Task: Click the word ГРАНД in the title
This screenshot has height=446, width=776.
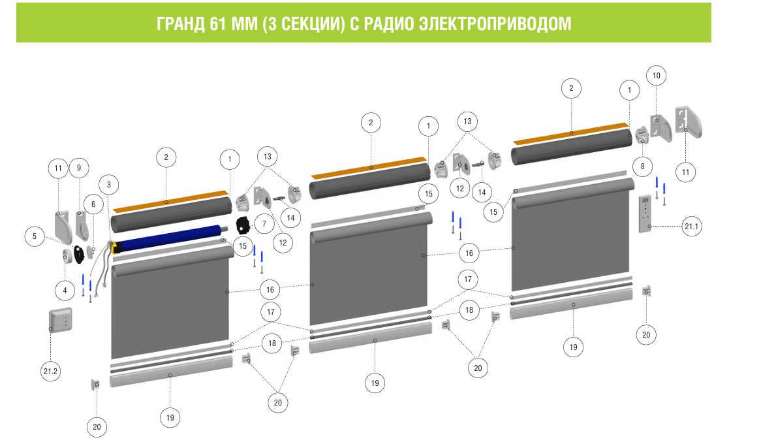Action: pos(180,24)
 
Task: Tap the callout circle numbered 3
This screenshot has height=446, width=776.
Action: pos(109,185)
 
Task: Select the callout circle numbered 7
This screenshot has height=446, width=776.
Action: pos(264,224)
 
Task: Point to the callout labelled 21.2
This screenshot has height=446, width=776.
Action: pos(50,372)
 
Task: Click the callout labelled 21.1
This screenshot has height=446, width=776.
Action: pos(691,226)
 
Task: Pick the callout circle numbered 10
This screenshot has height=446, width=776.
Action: pos(656,76)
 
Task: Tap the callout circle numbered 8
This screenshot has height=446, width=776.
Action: pos(642,167)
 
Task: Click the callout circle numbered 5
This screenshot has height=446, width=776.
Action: pos(35,236)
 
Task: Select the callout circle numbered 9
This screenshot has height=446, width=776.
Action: pos(79,168)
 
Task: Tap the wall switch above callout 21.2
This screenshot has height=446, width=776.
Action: pos(61,320)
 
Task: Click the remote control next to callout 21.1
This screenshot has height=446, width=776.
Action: pos(645,214)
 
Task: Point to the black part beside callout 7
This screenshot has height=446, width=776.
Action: pos(243,226)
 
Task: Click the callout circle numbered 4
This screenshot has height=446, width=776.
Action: pos(65,290)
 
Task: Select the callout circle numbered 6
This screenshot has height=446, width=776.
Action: pos(93,204)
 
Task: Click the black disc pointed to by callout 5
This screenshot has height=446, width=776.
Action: pos(79,254)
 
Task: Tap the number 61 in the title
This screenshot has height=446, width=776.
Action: pos(218,24)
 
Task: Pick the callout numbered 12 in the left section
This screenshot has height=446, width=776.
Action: pos(283,242)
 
